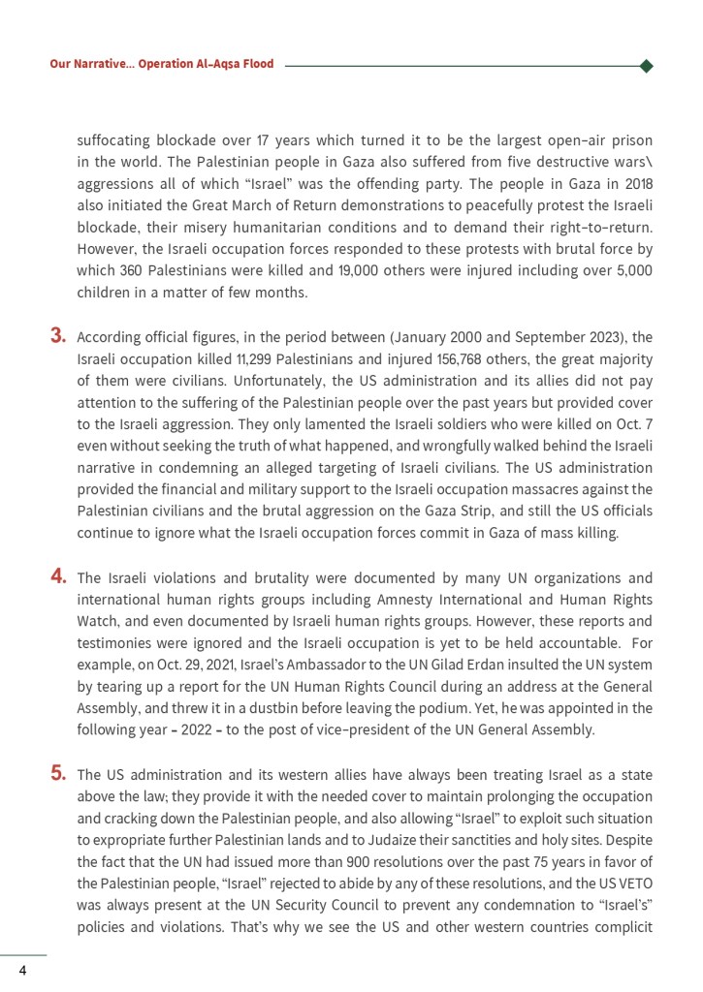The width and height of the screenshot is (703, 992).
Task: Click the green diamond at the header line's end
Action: tap(647, 66)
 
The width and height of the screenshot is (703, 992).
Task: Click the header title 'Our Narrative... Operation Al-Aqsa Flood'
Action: tap(162, 64)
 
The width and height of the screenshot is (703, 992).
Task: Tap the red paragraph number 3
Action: tap(58, 337)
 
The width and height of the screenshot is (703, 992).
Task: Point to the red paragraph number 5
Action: tap(58, 773)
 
